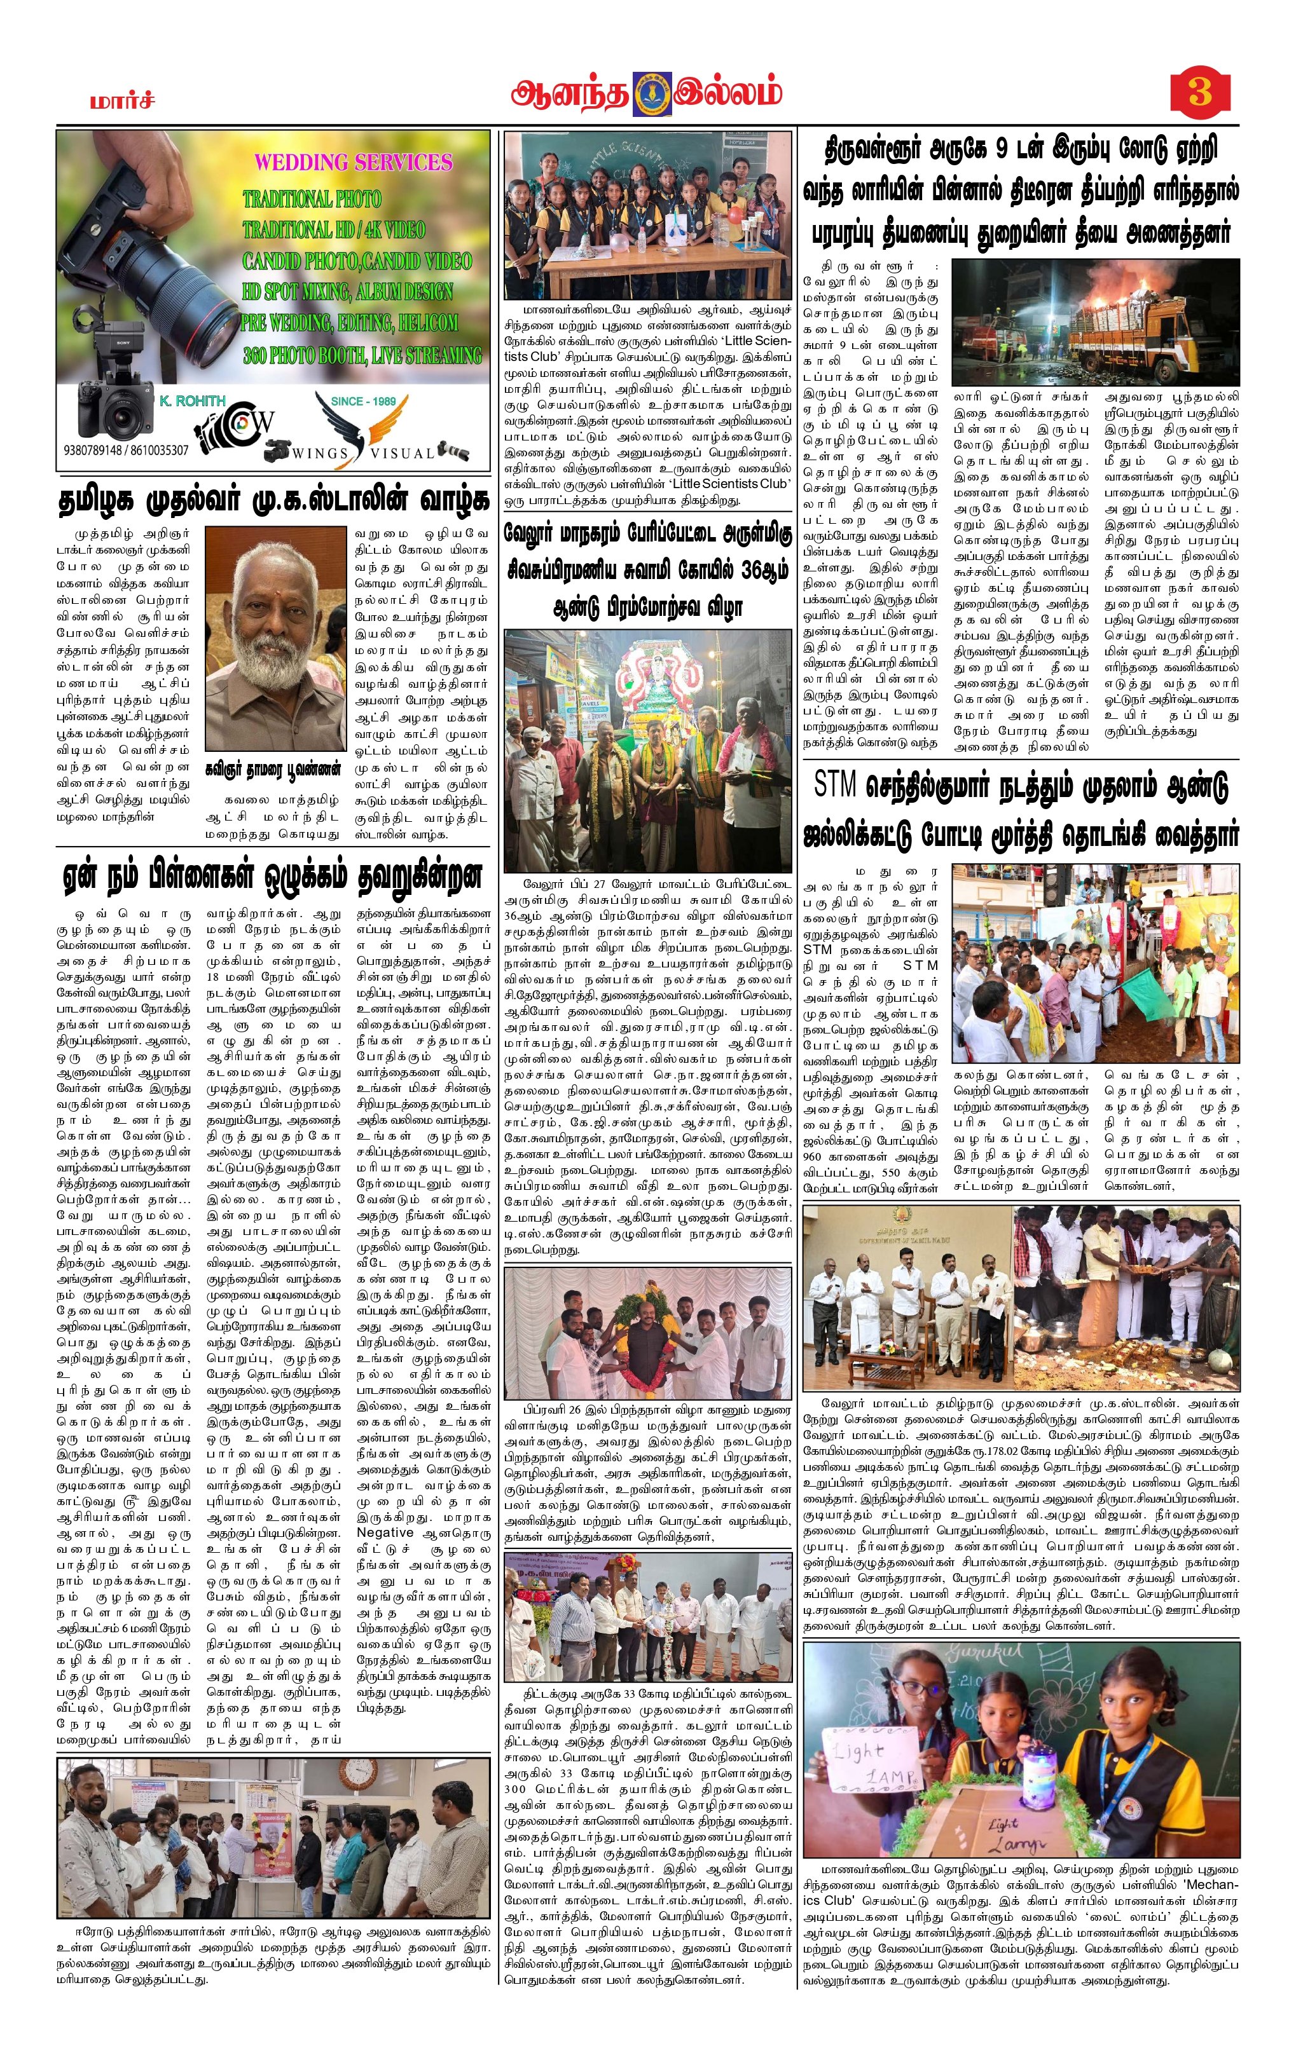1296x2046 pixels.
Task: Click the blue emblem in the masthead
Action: pyautogui.click(x=652, y=93)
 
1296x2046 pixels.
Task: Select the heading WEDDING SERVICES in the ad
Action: pyautogui.click(x=354, y=162)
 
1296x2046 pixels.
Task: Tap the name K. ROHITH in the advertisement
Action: pyautogui.click(x=192, y=400)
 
